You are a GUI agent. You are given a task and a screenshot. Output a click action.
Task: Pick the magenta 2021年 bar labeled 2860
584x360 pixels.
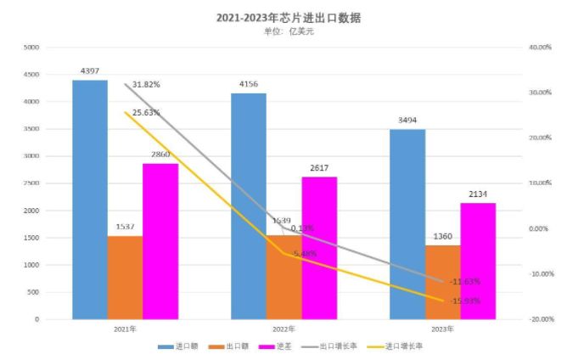click(160, 241)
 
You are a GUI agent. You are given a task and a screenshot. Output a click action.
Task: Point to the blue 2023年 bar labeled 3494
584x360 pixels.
click(407, 224)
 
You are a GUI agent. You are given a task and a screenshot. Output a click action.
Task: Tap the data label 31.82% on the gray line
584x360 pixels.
click(146, 85)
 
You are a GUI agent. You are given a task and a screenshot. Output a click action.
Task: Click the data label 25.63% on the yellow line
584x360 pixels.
click(146, 113)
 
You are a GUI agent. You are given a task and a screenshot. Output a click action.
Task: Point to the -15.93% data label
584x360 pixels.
click(466, 301)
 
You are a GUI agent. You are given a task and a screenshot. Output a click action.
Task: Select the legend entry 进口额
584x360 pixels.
click(180, 346)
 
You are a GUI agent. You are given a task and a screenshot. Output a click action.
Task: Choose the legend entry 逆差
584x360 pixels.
click(280, 346)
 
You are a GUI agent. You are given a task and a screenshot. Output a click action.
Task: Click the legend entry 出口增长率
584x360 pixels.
click(336, 346)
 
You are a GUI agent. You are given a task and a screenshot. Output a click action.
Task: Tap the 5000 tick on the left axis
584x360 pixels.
click(31, 48)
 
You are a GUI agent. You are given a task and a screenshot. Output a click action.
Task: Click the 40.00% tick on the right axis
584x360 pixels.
click(540, 48)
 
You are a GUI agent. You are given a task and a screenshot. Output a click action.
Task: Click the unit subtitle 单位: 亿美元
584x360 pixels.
click(289, 31)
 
